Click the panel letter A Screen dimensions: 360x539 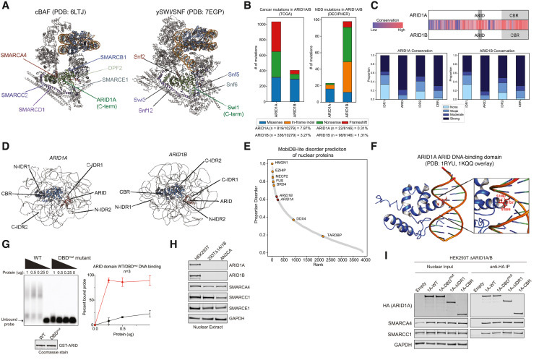pos(5,5)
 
